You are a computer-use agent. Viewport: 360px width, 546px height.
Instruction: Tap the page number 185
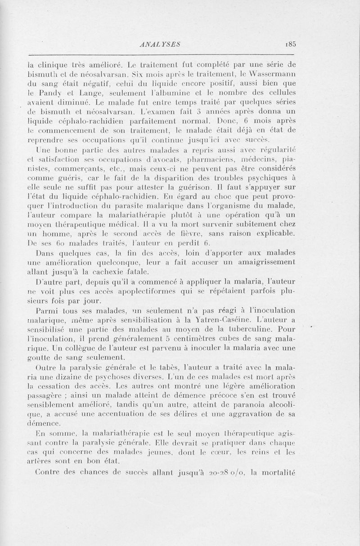pyautogui.click(x=288, y=44)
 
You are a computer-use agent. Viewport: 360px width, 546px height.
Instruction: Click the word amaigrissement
pyautogui.click(x=261, y=262)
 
